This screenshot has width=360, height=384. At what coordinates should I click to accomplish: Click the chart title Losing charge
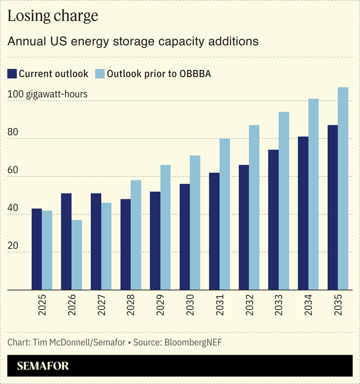coord(53,16)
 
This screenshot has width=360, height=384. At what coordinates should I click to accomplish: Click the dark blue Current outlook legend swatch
coord(12,74)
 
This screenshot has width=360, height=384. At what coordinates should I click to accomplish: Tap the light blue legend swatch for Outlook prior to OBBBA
coord(100,74)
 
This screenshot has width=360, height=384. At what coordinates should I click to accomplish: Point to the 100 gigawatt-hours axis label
coord(48,94)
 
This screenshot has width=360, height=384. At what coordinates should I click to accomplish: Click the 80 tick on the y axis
coord(13,132)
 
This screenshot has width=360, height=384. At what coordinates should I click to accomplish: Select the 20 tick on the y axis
coord(13,246)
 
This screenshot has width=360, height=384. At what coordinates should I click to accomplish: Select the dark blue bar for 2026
coord(66,242)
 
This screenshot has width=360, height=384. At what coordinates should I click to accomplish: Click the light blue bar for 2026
coord(76,255)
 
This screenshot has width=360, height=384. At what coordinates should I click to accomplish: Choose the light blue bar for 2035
coord(343,189)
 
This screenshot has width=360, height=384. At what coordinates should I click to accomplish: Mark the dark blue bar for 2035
coord(333,208)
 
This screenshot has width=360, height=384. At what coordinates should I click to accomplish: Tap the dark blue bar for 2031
coord(214,231)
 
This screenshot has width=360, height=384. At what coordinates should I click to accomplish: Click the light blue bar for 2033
coord(284,201)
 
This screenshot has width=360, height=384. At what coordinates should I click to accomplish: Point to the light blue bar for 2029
coord(166,228)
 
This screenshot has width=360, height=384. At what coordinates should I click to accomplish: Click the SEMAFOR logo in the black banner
coord(43,366)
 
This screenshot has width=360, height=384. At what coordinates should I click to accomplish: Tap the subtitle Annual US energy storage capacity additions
coord(133,41)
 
